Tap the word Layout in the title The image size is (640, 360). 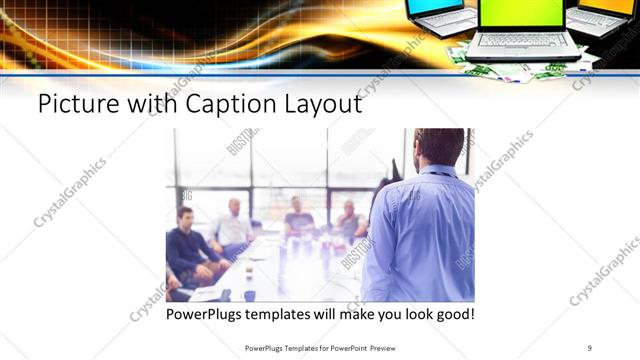click(320, 104)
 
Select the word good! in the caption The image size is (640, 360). click(453, 315)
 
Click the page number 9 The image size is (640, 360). click(590, 348)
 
